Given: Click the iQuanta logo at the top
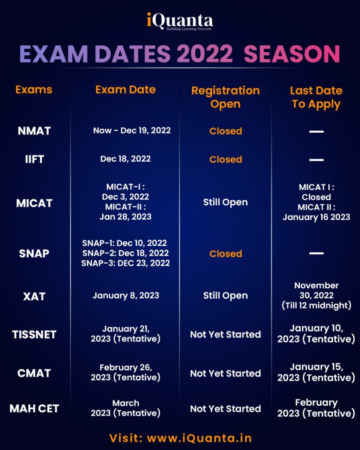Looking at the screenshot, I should click(x=180, y=21).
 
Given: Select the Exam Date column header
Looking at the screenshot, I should click(x=125, y=90).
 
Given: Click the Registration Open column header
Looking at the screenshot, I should click(x=225, y=97).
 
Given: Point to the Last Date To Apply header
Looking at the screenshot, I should click(x=316, y=97).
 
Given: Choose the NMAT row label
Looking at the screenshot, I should click(x=34, y=131).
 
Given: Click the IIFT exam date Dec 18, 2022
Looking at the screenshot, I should click(x=125, y=159).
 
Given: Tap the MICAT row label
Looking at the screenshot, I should click(x=34, y=203).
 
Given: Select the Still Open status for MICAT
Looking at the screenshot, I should click(x=225, y=202).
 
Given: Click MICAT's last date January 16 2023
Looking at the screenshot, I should click(x=316, y=217).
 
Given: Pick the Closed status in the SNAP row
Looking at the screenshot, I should click(x=225, y=254).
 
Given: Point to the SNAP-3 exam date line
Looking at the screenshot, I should click(x=125, y=263).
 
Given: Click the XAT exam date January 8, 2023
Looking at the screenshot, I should click(x=125, y=295).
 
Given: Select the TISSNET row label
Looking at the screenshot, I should click(x=34, y=334).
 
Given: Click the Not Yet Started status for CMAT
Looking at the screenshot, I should click(x=225, y=373).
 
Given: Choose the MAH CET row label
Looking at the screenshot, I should click(x=34, y=408).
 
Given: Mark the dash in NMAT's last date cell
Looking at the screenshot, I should click(x=316, y=131).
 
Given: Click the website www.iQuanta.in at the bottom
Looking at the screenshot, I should click(x=199, y=438).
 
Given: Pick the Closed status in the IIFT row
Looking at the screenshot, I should click(x=225, y=159).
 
